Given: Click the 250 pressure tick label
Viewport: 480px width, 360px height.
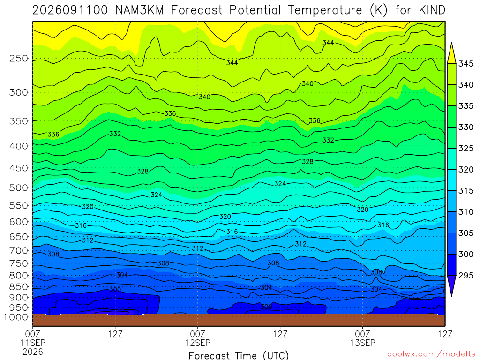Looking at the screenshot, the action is tap(19, 59).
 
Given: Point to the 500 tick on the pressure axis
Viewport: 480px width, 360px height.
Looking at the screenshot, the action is tap(19, 187).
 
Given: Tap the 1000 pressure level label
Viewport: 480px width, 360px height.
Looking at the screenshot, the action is tap(16, 317).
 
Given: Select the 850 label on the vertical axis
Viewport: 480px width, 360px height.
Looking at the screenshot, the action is tap(19, 287).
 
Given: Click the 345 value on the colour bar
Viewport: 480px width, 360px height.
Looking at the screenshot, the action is tap(466, 64).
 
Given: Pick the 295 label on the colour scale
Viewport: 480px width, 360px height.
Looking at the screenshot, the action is tap(466, 276).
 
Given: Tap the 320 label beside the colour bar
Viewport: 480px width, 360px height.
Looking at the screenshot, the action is tap(466, 170).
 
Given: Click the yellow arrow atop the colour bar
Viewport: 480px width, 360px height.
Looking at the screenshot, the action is tap(451, 53).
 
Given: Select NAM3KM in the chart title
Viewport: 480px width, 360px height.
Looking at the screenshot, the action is tap(140, 10).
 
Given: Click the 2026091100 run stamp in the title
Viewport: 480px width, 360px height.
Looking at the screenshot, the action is tap(70, 10).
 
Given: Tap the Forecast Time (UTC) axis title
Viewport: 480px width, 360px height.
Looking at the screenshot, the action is tap(239, 355).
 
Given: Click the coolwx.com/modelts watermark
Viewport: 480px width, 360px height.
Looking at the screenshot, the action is tap(431, 354).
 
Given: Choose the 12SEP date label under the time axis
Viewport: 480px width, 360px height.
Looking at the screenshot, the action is tap(198, 343).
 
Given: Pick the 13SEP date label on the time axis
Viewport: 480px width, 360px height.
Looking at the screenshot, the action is tap(363, 343).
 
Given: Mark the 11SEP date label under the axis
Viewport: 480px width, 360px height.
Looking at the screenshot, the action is tap(33, 343).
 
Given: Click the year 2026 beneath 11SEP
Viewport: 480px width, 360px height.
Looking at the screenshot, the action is tap(33, 352).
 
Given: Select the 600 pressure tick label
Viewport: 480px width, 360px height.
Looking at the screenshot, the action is tap(19, 222).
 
